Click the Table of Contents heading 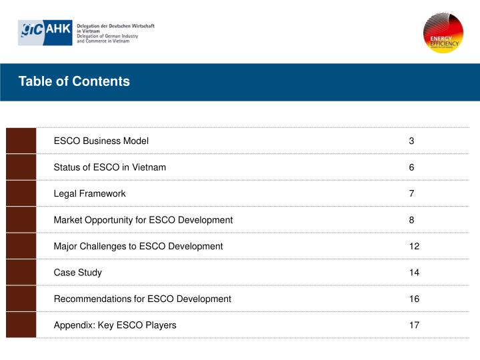pos(74,82)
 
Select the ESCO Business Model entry pos(101,141)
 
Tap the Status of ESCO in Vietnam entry pos(109,167)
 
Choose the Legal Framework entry pos(89,194)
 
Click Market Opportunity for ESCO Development pos(143,220)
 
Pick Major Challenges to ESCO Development pos(138,246)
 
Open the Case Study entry pos(77,273)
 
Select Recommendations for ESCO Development pos(142,299)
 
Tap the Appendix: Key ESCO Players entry pos(115,325)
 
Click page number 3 pos(411,141)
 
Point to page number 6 pos(411,167)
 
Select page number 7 pos(411,194)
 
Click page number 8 pos(411,220)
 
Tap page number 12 pos(414,246)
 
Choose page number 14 pos(414,273)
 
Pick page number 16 pos(414,299)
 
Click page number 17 pos(414,325)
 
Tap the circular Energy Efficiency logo pos(443,33)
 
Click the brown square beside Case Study pos(21,273)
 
